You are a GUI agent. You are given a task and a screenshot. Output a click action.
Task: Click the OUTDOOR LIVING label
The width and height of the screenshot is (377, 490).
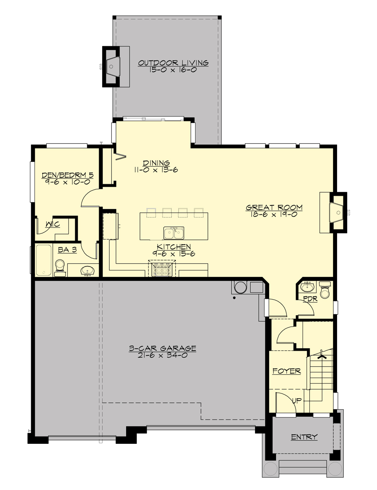click(173, 63)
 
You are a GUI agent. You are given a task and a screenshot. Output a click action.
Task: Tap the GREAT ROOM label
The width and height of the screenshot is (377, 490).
click(274, 207)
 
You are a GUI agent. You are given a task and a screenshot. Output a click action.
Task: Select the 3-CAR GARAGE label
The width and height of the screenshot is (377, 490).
click(162, 348)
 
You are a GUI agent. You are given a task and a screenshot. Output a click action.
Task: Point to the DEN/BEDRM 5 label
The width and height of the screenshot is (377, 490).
click(68, 175)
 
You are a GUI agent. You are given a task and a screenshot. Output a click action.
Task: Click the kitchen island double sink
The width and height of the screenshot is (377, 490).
click(174, 233)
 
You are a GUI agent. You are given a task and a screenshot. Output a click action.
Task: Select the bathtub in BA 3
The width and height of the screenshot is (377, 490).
click(43, 260)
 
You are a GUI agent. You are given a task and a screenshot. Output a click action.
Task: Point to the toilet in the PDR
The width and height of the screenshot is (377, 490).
click(325, 291)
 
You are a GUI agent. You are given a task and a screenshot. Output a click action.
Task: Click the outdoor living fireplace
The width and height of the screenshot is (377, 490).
click(111, 66)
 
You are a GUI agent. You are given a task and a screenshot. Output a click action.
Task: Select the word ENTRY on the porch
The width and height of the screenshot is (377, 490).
click(304, 437)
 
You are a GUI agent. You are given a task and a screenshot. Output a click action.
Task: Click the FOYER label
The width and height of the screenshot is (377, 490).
click(287, 371)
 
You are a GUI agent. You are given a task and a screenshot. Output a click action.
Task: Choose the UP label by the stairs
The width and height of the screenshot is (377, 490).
click(297, 400)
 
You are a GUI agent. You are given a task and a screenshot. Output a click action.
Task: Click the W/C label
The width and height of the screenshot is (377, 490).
click(53, 224)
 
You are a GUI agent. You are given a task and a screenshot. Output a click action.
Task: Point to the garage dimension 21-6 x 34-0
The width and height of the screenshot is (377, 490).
click(162, 355)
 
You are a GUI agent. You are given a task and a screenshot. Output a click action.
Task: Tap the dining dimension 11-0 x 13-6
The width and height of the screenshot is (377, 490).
click(156, 170)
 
